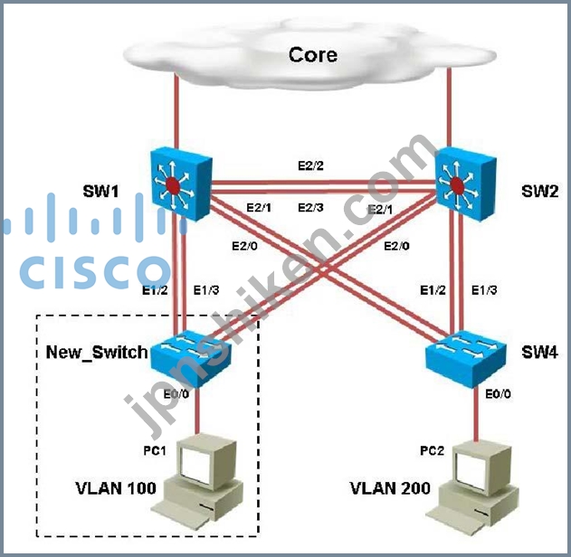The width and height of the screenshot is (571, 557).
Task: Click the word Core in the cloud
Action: point(312,55)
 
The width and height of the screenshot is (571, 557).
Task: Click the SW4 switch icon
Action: point(465,353)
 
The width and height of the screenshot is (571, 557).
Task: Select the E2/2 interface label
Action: point(312,166)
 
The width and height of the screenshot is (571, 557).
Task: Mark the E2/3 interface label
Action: point(312,208)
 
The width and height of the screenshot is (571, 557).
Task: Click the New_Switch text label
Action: point(96,351)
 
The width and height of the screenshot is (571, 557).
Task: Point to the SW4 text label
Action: point(526,351)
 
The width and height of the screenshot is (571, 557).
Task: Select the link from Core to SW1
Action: point(175,113)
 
